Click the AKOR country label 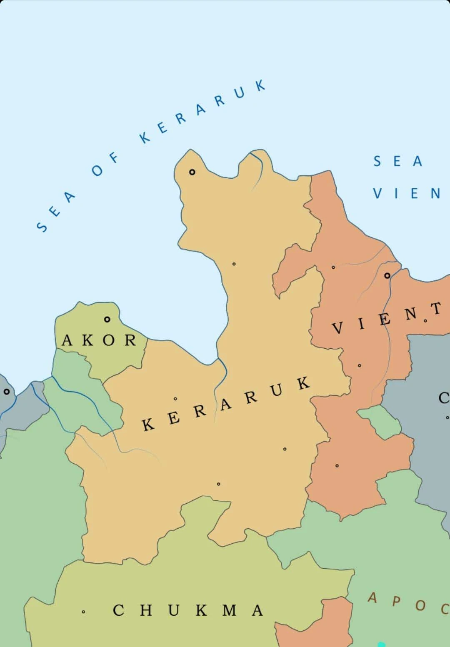99,340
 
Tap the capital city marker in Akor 107,320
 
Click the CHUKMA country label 187,610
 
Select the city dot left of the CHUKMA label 83,612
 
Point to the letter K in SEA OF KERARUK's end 260,85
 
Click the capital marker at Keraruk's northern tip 192,172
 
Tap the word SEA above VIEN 397,161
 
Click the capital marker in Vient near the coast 387,275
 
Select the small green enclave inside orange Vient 379,421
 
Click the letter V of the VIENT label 338,329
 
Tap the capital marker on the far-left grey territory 6,392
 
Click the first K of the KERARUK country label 147,425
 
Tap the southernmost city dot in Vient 337,465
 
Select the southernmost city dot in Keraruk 218,484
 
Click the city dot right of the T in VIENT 425,320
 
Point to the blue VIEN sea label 406,194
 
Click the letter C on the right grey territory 443,398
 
